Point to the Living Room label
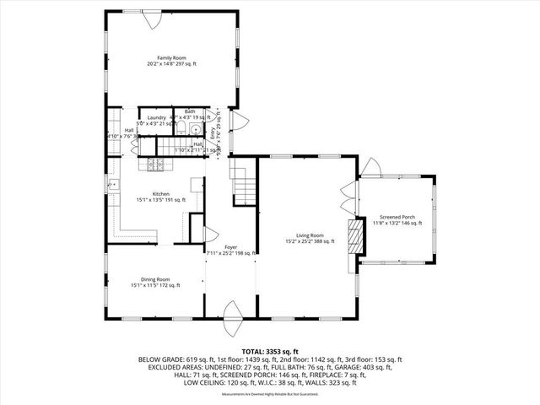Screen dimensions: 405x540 (310, 235)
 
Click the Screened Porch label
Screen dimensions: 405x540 (395, 217)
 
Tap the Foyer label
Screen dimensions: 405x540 (230, 246)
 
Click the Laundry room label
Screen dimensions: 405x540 (156, 117)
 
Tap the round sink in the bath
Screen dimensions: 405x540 (195, 129)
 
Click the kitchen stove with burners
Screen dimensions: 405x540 (156, 165)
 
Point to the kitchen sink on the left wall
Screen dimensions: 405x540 (111, 184)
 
